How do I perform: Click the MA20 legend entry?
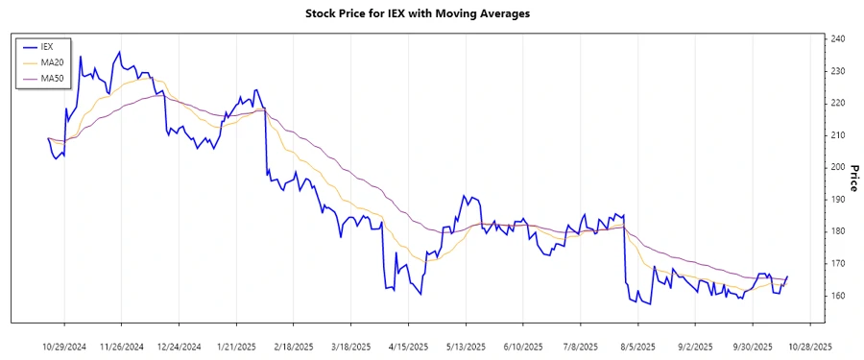click(52, 61)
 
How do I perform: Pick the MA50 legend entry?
click(52, 77)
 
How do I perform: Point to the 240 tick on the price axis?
click(838, 38)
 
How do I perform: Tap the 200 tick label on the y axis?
click(838, 167)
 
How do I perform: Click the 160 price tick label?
click(838, 296)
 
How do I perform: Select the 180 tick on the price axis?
click(838, 231)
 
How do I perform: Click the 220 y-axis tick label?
click(838, 103)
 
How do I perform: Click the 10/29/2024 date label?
click(65, 347)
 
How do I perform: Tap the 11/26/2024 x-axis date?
click(122, 347)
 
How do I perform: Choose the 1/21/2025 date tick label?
click(236, 347)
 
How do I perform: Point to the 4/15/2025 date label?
click(408, 347)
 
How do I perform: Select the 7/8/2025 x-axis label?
click(580, 347)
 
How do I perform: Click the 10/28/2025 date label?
click(809, 347)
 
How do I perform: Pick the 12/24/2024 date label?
click(180, 347)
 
